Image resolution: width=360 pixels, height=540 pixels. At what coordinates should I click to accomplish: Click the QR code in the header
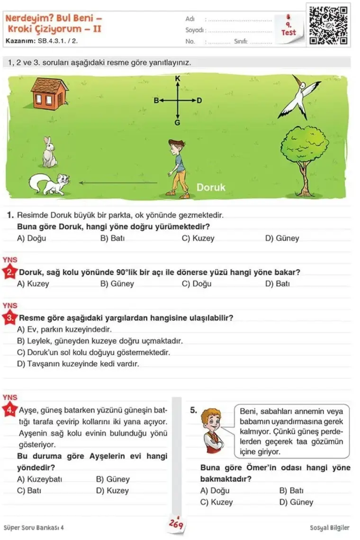click(329, 25)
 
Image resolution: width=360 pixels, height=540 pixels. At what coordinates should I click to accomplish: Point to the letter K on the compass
click(178, 78)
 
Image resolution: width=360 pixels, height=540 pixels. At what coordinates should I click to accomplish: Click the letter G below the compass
click(177, 123)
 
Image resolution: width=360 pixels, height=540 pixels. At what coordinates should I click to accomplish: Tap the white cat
click(49, 184)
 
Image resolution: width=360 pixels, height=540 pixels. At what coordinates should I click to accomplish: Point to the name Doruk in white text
click(211, 187)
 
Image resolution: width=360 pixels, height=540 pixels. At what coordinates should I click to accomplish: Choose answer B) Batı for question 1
click(112, 238)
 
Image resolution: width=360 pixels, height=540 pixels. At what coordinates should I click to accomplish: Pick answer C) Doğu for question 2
click(197, 284)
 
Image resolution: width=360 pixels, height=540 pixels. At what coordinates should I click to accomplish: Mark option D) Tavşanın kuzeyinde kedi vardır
click(78, 364)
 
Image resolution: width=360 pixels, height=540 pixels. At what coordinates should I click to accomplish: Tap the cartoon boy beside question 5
click(210, 432)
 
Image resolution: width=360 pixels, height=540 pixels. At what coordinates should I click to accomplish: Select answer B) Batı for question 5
click(291, 490)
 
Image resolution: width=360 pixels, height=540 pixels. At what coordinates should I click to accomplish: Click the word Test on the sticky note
click(288, 33)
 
